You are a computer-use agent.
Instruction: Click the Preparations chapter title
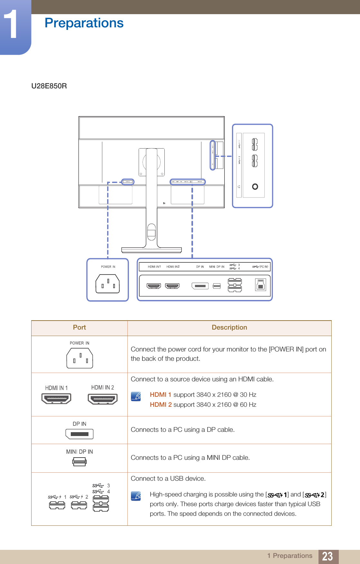coord(84,23)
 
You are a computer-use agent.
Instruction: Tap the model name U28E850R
coord(49,86)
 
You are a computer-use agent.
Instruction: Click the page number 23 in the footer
coord(327,556)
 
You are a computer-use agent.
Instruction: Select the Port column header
coord(79,327)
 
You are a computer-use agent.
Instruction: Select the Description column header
coord(229,327)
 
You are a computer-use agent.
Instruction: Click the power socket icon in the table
coord(79,358)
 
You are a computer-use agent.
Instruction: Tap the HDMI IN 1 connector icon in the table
coord(56,399)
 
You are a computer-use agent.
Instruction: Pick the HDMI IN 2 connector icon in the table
coord(103,399)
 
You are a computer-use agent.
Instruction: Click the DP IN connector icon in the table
coord(79,434)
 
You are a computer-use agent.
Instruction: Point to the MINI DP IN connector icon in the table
coord(79,462)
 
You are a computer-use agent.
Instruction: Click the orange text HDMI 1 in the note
coord(161,395)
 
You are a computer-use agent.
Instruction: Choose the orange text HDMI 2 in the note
coord(161,405)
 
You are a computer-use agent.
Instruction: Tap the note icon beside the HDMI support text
coord(136,396)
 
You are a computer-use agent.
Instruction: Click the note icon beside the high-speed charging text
coord(136,496)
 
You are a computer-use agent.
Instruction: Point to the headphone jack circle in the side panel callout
coord(255,186)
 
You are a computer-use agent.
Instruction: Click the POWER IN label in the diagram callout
coord(108,267)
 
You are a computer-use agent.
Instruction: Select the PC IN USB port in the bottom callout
coord(261,285)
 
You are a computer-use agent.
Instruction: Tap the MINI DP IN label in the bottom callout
coord(217,267)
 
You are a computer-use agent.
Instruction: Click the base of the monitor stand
coord(152,250)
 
